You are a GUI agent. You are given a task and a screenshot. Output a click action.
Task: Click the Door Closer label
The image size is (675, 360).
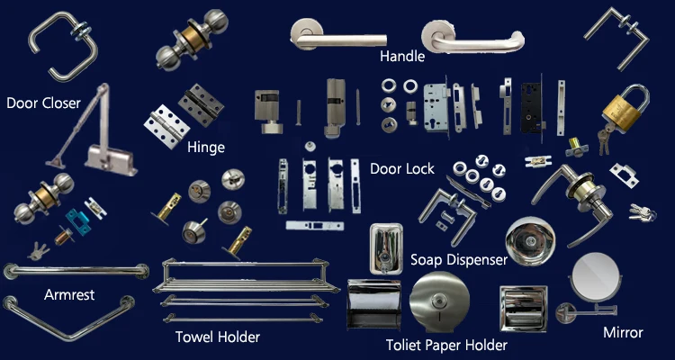tap(43, 103)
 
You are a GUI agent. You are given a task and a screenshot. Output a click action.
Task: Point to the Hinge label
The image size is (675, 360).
tap(206, 148)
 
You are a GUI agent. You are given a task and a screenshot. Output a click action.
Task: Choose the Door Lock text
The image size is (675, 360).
tap(402, 168)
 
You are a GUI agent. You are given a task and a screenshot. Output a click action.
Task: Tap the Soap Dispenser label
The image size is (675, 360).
tap(459, 260)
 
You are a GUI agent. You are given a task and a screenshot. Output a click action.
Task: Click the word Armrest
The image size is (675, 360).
tap(69, 294)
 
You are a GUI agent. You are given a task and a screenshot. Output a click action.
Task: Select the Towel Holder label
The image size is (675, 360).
tap(217, 337)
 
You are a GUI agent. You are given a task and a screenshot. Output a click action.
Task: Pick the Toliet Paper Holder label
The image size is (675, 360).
tap(446, 345)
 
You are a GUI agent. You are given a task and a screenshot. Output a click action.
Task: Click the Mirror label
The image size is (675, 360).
tap(623, 332)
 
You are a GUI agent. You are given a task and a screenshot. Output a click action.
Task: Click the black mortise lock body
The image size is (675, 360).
tap(531, 109)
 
